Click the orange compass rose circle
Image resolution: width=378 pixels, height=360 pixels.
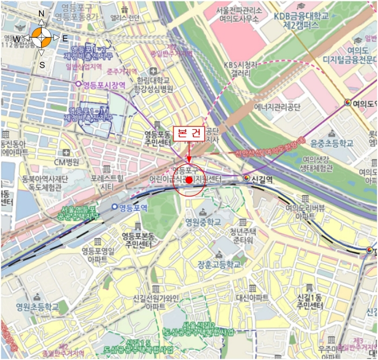point(42,37)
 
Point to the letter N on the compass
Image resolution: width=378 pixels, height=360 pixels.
point(42,14)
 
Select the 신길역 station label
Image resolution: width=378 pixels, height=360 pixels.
point(260,177)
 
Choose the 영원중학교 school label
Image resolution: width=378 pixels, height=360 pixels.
point(203,222)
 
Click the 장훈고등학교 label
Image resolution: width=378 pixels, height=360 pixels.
point(219,265)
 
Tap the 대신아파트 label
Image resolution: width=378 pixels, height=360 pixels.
point(252,297)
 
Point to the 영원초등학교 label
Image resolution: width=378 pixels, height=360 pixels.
point(37,307)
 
